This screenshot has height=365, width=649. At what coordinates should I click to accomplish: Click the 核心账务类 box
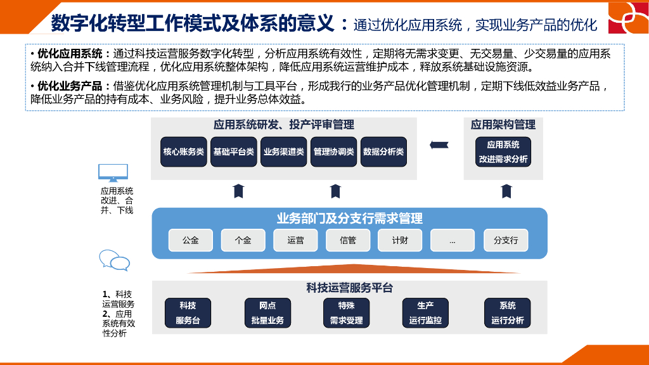[184, 152]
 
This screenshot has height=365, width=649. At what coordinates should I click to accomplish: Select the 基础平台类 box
[234, 152]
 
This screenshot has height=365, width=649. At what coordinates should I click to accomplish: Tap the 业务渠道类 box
[284, 152]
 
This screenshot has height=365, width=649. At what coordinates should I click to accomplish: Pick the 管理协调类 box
[334, 152]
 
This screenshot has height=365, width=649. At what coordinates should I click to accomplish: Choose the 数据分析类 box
[383, 152]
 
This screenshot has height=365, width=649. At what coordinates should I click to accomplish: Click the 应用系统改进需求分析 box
[503, 152]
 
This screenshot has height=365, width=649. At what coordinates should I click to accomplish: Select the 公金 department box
[190, 240]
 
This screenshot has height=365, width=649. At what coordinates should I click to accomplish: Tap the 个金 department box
[243, 240]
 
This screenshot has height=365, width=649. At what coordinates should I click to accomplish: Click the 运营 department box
[295, 240]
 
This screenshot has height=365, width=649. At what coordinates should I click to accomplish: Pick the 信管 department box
[348, 240]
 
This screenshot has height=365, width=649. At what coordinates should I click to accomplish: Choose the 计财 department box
[400, 240]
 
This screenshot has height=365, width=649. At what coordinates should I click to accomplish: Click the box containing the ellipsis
[453, 240]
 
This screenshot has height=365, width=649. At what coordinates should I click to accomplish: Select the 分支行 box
[506, 240]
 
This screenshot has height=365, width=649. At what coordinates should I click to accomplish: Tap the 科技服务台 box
[188, 313]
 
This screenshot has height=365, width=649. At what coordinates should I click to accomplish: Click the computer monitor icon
[113, 172]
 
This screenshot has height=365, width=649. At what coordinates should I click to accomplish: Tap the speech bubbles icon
[115, 260]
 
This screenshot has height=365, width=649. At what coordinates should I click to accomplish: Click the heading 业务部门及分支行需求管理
[349, 219]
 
